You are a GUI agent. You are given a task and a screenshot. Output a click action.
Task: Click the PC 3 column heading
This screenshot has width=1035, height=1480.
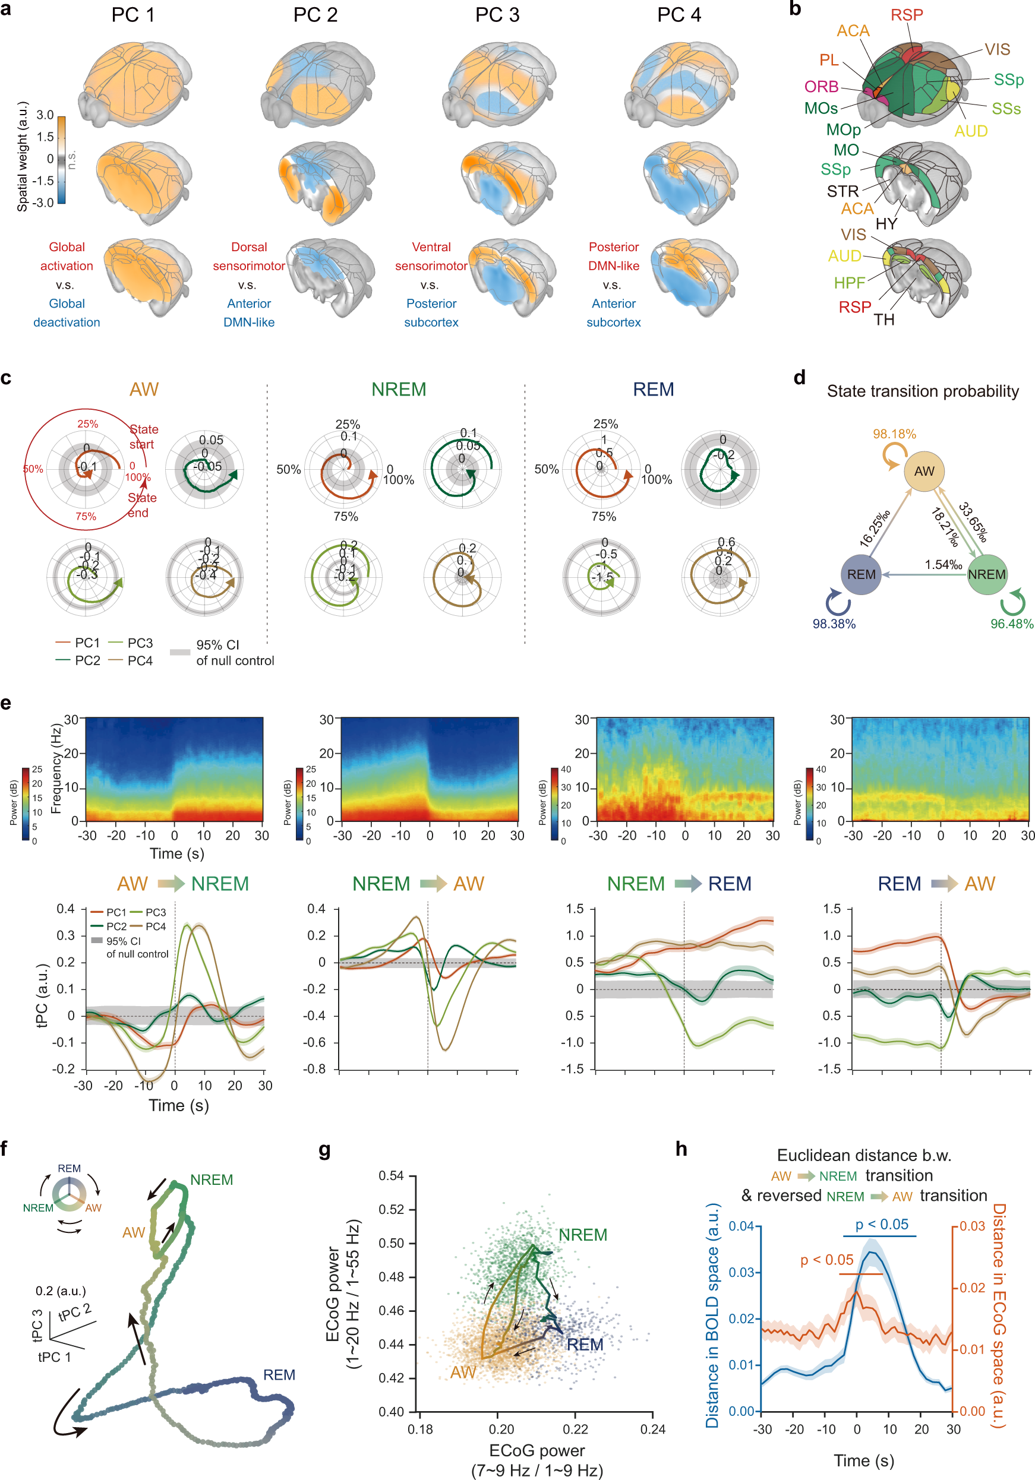pyautogui.click(x=497, y=15)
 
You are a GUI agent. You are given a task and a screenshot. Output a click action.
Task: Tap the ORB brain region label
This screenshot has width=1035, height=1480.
pyautogui.click(x=821, y=86)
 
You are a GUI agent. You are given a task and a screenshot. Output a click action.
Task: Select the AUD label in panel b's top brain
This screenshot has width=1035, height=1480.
pyautogui.click(x=970, y=131)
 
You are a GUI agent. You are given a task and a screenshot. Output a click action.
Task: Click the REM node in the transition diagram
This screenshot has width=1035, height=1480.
pyautogui.click(x=861, y=574)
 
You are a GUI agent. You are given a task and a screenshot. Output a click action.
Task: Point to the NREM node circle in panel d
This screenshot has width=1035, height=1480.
pyautogui.click(x=987, y=574)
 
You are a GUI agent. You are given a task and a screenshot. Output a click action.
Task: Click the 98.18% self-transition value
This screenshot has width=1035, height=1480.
pyautogui.click(x=894, y=434)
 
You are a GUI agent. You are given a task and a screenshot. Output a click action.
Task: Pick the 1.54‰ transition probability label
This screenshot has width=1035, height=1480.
pyautogui.click(x=944, y=565)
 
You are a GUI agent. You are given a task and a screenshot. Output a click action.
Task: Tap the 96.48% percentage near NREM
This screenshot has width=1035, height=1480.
pyautogui.click(x=1011, y=624)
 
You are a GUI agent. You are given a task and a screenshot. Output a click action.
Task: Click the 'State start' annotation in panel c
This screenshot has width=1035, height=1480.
pyautogui.click(x=143, y=437)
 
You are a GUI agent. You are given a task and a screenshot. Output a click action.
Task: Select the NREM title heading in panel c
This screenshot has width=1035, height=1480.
pyautogui.click(x=399, y=390)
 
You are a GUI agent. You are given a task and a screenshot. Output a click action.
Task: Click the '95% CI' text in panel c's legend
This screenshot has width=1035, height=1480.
pyautogui.click(x=217, y=644)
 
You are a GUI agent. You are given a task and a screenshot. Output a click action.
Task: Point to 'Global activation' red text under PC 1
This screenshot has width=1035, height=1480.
pyautogui.click(x=67, y=256)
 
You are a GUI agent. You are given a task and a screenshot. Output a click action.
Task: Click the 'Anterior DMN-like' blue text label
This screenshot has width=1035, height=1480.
pyautogui.click(x=249, y=312)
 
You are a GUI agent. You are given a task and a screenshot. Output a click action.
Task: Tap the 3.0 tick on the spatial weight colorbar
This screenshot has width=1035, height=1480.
pyautogui.click(x=45, y=115)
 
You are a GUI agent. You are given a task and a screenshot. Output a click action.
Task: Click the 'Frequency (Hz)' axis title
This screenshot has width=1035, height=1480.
pyautogui.click(x=56, y=769)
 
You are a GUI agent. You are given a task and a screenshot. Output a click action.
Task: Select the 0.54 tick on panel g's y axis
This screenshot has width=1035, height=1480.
pyautogui.click(x=391, y=1176)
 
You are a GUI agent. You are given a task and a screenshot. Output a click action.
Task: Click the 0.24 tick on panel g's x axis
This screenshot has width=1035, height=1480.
pyautogui.click(x=652, y=1429)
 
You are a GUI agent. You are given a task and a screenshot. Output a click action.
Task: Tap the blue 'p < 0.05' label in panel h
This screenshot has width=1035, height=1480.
pyautogui.click(x=882, y=1224)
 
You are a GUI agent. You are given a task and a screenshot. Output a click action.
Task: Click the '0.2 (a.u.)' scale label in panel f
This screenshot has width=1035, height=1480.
pyautogui.click(x=61, y=1291)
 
